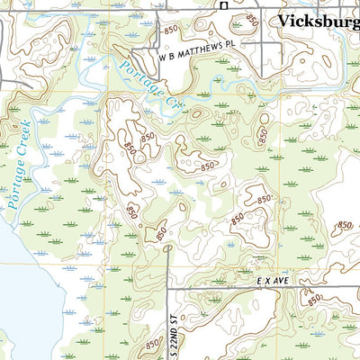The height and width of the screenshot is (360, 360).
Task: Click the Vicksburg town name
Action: tap(318, 21)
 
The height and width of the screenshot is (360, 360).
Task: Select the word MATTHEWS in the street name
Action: tap(203, 55)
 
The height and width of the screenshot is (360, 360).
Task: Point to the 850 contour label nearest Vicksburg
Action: tap(253, 19)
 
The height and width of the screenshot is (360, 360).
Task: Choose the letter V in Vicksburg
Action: tap(283, 21)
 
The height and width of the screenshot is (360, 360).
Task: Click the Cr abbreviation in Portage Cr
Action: tap(175, 104)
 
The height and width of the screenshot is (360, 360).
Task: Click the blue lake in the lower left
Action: tap(22, 297)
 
